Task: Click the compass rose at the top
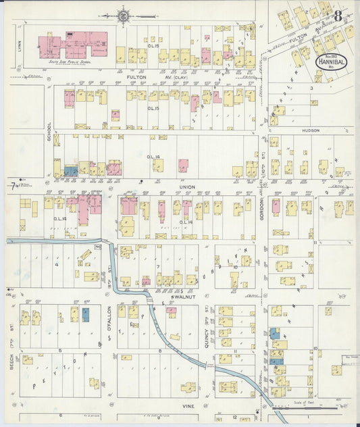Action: pyautogui.click(x=125, y=13)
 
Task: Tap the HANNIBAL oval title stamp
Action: pyautogui.click(x=331, y=61)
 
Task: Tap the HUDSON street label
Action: pyautogui.click(x=311, y=130)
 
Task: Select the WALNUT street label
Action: pyautogui.click(x=184, y=297)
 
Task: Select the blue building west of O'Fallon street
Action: pyautogui.click(x=86, y=314)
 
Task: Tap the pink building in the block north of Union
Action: pyautogui.click(x=183, y=165)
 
